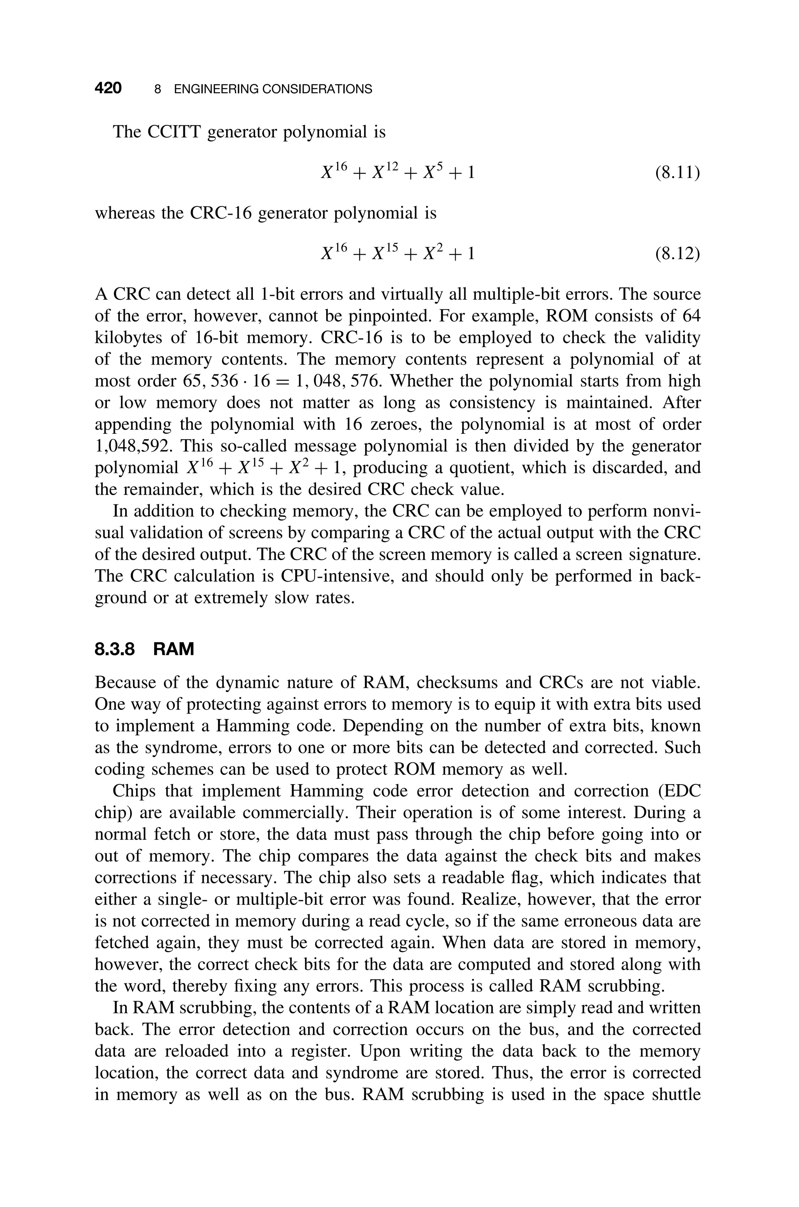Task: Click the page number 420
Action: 108,88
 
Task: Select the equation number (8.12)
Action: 677,253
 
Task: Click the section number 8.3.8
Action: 115,649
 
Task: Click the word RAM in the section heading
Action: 173,649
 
